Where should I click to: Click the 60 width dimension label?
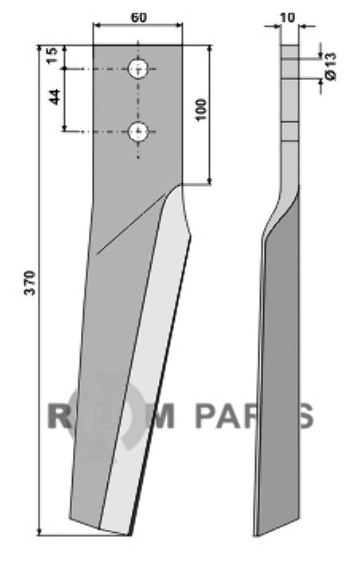139,18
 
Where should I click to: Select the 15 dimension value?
52,55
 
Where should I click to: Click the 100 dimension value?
201,110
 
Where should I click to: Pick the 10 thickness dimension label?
289,17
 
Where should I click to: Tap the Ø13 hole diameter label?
331,66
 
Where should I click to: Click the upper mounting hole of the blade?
139,68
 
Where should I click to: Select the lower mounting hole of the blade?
139,132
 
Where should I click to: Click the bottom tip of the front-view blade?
127,535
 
